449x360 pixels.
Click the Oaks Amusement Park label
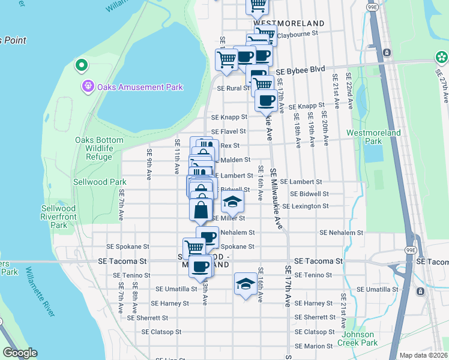coord(139,87)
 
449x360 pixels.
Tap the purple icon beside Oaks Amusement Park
coord(88,87)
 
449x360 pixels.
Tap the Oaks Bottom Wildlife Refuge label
coord(99,148)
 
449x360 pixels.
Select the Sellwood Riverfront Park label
coord(59,217)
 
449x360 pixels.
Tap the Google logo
coord(20,353)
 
